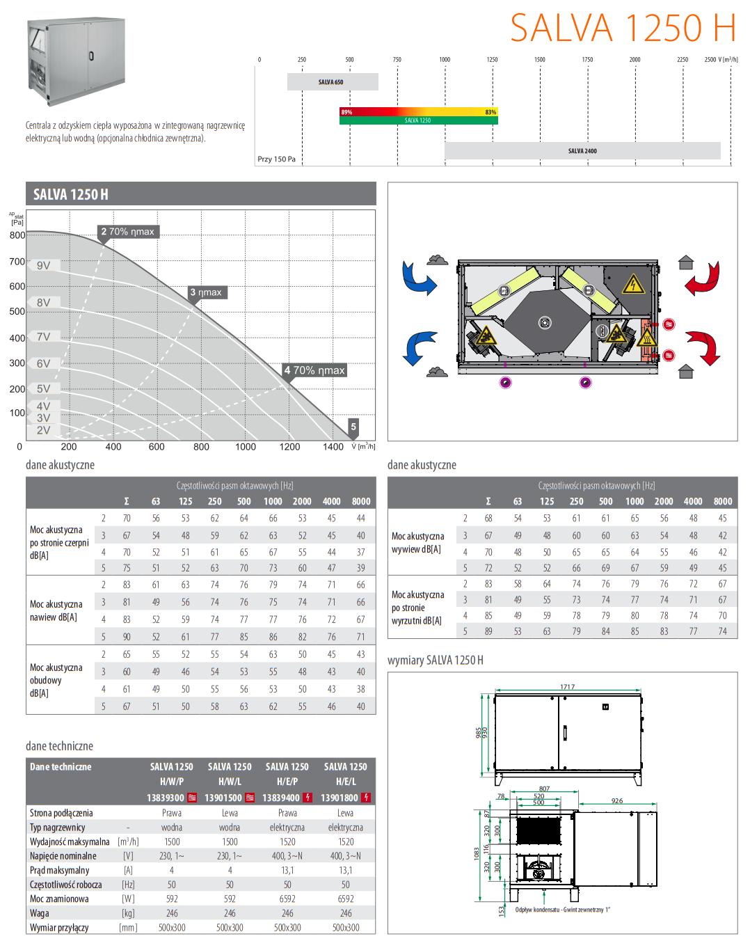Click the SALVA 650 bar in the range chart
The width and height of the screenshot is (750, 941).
(332, 82)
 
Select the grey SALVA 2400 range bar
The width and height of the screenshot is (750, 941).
(582, 150)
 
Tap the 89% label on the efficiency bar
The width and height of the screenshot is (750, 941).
(346, 112)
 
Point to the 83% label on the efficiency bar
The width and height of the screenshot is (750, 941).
(490, 112)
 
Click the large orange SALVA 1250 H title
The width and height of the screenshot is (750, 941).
(623, 29)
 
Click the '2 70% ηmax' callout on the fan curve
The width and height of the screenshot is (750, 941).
(128, 232)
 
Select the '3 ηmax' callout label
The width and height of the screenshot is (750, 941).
(207, 292)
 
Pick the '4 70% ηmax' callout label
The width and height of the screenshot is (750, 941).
(314, 370)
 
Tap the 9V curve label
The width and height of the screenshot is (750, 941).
(44, 265)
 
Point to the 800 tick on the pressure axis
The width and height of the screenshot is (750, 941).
(17, 235)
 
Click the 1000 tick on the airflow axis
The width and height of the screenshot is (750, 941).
(246, 447)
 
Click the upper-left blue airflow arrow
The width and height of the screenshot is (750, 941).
(418, 278)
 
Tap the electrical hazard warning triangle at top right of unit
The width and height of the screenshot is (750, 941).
(633, 284)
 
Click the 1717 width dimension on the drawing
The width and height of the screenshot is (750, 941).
(568, 687)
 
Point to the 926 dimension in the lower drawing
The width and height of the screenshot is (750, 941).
(617, 801)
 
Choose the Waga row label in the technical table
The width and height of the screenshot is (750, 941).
(40, 913)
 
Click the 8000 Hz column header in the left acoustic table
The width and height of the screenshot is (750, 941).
(361, 501)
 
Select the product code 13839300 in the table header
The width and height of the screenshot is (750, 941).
(166, 798)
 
